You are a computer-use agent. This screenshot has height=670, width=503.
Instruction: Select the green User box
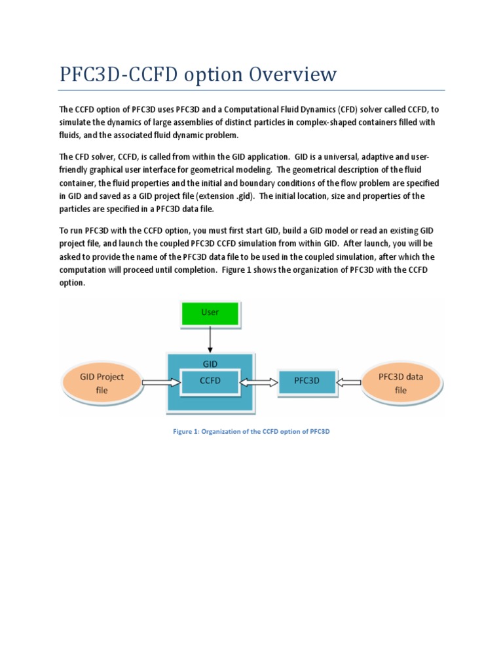coord(210,312)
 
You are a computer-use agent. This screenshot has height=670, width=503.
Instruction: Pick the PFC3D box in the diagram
coord(307,381)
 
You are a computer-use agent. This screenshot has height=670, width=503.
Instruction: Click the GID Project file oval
coord(101,383)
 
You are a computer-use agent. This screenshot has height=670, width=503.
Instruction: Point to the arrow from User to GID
coord(210,339)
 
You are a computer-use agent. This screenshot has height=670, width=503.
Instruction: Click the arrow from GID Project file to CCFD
coord(160,381)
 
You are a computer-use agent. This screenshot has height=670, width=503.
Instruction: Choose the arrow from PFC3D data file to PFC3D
coord(349,381)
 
